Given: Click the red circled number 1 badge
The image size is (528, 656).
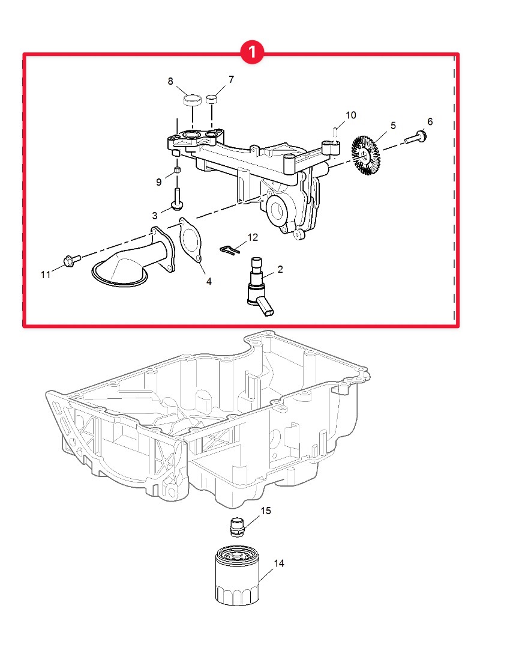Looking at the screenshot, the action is [252, 52].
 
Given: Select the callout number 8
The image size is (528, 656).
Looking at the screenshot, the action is [170, 81].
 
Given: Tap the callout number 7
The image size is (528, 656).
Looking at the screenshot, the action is [232, 79].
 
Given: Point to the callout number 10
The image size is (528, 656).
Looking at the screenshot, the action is [351, 115].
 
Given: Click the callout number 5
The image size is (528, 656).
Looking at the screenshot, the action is [393, 126].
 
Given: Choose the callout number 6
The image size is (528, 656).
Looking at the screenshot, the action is [430, 122].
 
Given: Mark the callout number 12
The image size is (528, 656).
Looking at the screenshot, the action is [253, 237].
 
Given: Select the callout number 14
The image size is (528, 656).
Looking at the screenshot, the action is [279, 563].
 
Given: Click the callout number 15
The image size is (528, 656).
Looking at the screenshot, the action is [266, 511].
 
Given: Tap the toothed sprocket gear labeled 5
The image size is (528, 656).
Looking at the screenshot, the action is [365, 155].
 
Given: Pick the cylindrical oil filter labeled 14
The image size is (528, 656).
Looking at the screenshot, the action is [237, 576].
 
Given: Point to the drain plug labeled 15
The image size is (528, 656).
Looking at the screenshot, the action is [237, 527].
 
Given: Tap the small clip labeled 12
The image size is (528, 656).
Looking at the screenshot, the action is [229, 249].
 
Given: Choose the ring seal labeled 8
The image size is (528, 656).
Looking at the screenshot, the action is [193, 100].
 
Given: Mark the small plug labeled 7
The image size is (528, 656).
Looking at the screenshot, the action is [212, 100].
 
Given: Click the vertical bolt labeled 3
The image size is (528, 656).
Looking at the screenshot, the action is [177, 199].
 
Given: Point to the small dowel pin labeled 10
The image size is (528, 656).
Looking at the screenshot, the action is [335, 132].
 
